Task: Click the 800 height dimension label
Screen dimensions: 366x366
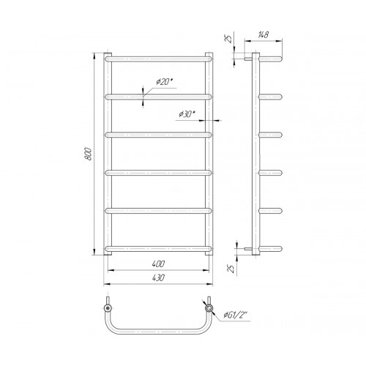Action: [89, 154]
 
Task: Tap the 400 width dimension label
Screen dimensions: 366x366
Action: [158, 264]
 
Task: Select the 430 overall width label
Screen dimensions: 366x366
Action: [158, 277]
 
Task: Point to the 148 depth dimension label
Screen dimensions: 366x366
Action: [263, 35]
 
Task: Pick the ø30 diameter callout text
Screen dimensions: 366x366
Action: [187, 113]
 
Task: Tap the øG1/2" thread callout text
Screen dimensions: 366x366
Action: [235, 315]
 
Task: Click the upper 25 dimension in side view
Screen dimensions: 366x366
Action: [229, 39]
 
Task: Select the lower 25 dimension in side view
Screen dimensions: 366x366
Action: [231, 269]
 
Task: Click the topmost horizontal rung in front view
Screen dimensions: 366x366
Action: [158, 59]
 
